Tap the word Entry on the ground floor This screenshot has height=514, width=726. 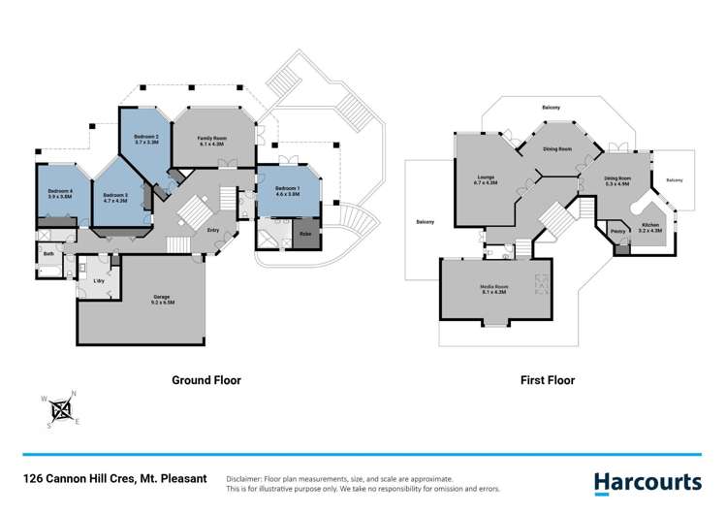click(x=212, y=230)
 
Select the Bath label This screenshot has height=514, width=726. click(x=48, y=254)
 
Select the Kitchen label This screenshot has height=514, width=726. click(x=650, y=227)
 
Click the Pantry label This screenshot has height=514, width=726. click(x=617, y=231)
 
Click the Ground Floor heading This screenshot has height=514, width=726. click(x=206, y=380)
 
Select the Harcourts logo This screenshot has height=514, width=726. click(x=647, y=482)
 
